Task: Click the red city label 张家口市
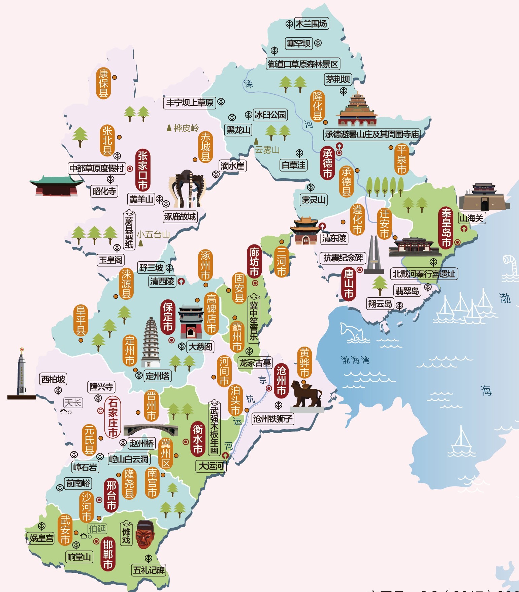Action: click(x=143, y=170)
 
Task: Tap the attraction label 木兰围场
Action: click(x=311, y=24)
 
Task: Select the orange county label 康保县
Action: click(x=103, y=83)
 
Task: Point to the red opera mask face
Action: click(x=145, y=535)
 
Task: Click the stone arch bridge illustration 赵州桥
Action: click(x=151, y=430)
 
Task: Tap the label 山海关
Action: click(x=472, y=218)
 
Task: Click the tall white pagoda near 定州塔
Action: click(x=151, y=342)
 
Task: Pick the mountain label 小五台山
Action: click(x=153, y=235)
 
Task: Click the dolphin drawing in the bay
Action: click(x=352, y=332)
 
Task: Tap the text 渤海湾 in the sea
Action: click(x=355, y=360)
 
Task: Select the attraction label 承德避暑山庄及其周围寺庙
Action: click(x=372, y=135)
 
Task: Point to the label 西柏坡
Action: click(x=53, y=379)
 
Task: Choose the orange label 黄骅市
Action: click(x=304, y=363)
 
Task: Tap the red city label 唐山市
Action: click(x=349, y=284)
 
